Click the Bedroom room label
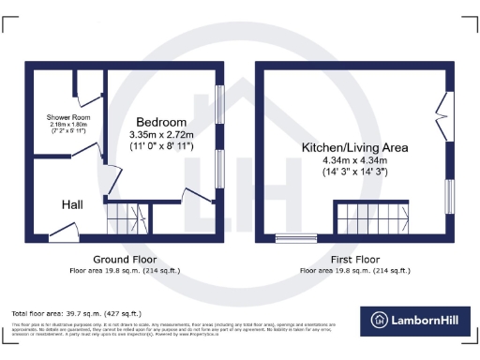161,122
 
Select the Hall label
73,204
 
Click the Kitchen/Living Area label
354,147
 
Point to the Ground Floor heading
124,259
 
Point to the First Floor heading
354,259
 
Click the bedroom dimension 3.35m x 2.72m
161,135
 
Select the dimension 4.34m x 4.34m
354,160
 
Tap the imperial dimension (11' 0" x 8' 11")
161,147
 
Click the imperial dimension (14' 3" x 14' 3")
354,173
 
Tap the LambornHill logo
416,320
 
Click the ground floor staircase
126,218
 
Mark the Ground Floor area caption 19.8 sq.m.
124,270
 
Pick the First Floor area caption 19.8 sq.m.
354,270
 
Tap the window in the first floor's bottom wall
296,238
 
